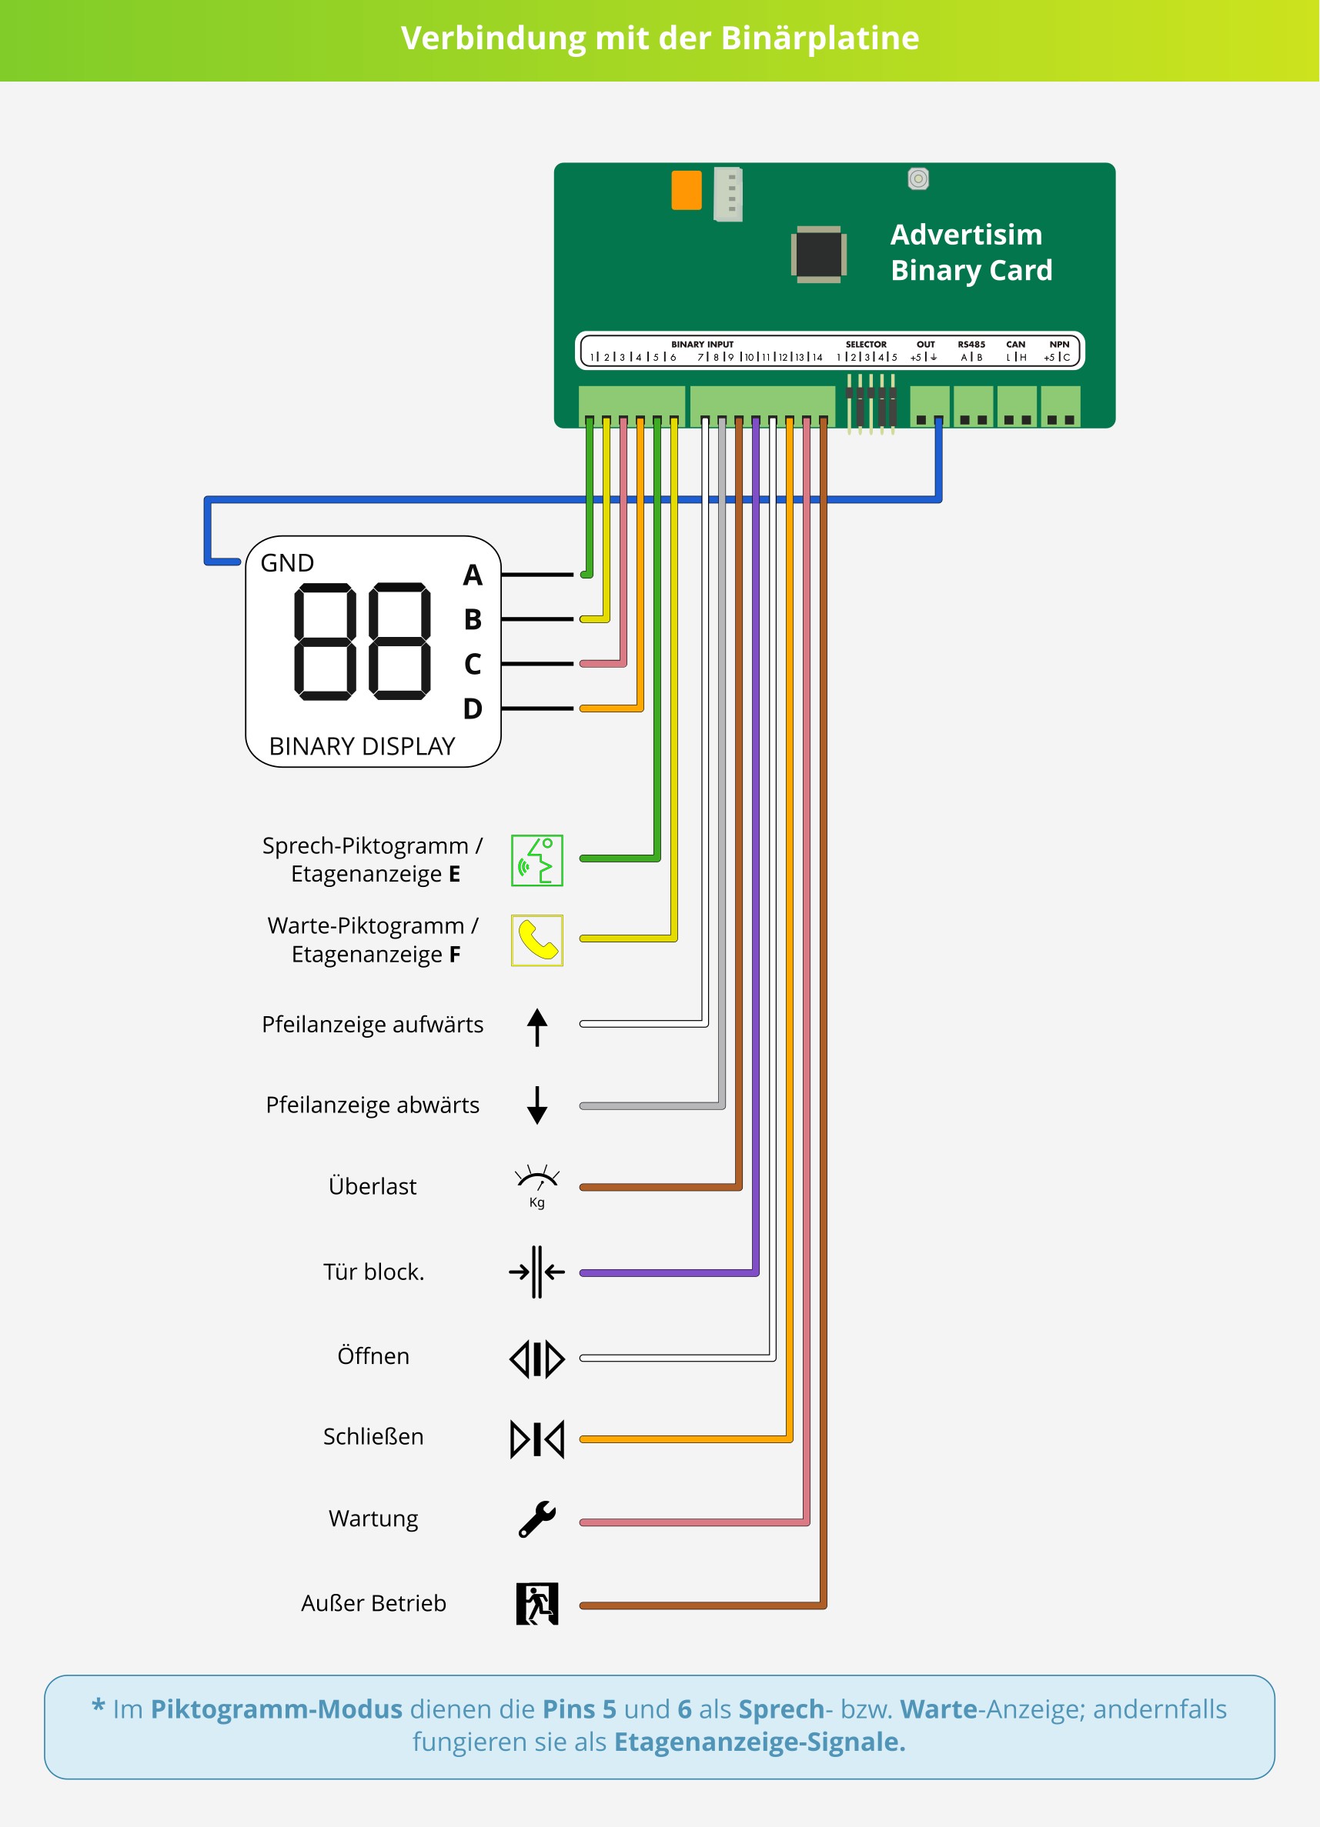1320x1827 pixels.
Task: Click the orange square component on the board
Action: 686,190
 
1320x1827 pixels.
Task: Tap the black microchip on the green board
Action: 819,254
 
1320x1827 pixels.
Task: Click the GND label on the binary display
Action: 287,562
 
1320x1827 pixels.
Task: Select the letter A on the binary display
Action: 473,575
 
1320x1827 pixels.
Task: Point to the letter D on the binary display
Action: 473,709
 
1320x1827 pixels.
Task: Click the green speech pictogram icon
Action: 536,860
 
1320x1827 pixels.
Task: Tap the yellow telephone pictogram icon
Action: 536,940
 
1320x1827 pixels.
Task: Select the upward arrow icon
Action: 537,1027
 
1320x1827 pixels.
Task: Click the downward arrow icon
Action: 537,1105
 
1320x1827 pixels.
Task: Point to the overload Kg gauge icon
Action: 536,1185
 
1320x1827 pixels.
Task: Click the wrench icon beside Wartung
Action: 536,1519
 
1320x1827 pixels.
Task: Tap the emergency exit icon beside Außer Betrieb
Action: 536,1604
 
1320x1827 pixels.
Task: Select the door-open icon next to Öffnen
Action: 536,1359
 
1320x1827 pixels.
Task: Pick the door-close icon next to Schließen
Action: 536,1439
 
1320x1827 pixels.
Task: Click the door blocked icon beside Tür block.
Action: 536,1272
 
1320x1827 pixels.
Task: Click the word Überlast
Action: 373,1185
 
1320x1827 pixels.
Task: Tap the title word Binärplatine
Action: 820,38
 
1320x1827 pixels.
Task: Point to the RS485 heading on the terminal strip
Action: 971,344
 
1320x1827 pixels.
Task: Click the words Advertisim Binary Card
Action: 971,252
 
